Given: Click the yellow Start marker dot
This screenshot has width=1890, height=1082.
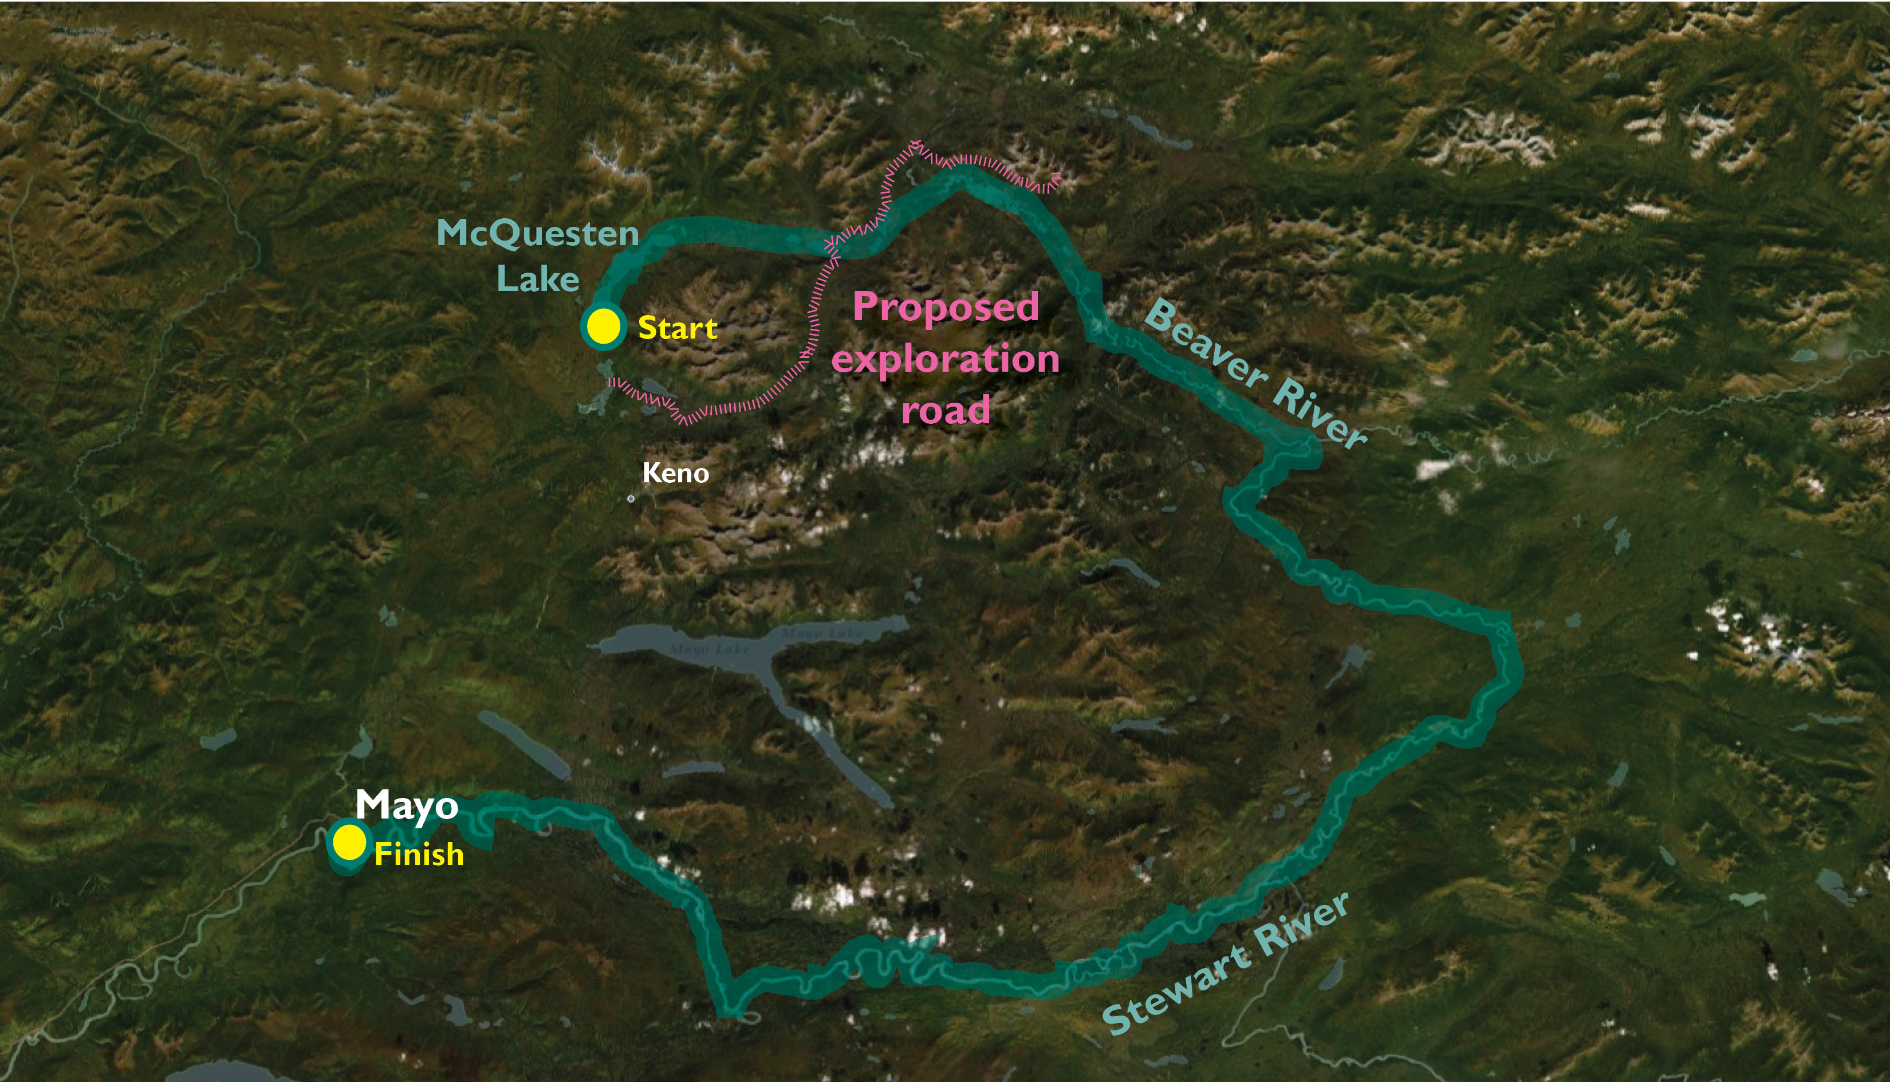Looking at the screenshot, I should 603,325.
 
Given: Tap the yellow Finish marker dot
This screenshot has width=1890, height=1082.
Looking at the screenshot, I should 348,842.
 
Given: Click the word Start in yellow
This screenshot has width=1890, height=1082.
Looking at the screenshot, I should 678,328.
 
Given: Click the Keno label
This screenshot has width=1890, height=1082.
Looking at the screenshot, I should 675,473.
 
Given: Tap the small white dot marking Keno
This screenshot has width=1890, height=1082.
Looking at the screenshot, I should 631,499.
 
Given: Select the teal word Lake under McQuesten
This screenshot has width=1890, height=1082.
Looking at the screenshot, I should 537,280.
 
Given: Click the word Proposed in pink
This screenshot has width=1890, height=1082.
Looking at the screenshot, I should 946,308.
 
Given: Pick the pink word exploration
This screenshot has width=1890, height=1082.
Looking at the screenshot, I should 945,360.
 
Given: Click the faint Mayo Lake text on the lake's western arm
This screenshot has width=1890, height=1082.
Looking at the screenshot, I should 710,650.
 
